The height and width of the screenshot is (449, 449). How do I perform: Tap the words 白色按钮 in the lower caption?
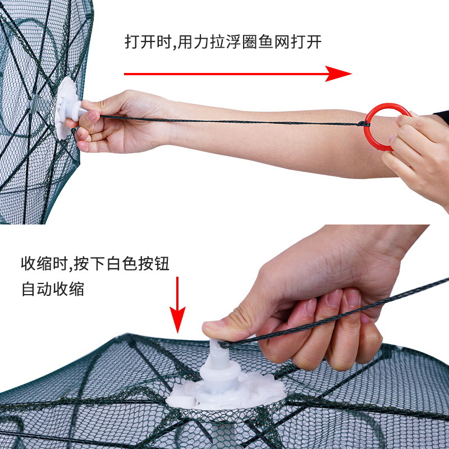[x=138, y=263]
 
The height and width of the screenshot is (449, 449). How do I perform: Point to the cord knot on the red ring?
[x=364, y=123]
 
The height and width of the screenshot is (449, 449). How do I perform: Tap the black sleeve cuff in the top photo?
[x=442, y=117]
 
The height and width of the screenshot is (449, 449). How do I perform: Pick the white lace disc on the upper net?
[x=66, y=104]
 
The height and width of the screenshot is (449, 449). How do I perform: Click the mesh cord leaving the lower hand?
[x=393, y=298]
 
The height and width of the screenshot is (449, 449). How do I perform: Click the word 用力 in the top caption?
[x=198, y=43]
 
